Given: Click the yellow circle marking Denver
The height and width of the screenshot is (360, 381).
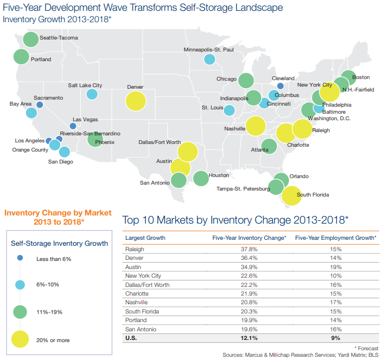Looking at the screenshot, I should tap(136, 101).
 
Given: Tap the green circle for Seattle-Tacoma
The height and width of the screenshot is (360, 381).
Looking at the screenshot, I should tap(31, 39).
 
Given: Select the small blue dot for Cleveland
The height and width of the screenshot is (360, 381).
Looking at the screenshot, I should tap(280, 86).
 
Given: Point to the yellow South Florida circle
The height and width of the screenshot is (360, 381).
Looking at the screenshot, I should tap(292, 195).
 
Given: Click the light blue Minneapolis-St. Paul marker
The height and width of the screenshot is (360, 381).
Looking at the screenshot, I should tap(209, 60).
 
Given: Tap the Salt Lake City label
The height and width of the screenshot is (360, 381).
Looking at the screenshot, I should tap(85, 85).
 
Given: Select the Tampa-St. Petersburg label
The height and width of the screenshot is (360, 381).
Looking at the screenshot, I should tap(243, 188).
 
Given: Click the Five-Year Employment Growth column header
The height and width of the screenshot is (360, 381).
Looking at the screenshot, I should tap(335, 238).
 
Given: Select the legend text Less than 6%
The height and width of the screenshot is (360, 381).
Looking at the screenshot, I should tap(54, 259).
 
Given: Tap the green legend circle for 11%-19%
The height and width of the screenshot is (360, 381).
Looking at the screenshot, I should tap(20, 312).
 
